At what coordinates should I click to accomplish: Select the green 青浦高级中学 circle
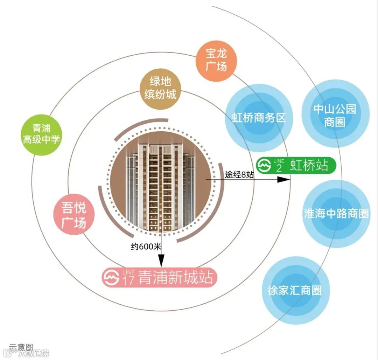tap(41, 134)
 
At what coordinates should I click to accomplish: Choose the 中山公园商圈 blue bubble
tap(335, 114)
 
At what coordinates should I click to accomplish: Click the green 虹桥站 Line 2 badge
tap(296, 165)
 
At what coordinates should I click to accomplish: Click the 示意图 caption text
tap(21, 347)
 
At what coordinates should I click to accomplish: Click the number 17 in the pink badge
tap(128, 280)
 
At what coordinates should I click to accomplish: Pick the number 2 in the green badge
tap(279, 168)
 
